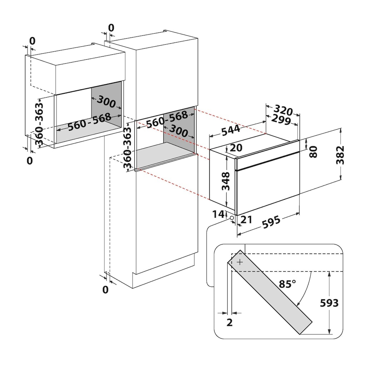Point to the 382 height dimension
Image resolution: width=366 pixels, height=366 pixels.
point(342,155)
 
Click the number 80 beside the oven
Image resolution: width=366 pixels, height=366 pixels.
point(313,152)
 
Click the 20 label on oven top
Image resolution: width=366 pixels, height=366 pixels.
point(236,148)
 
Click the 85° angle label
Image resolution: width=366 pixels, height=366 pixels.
point(287,285)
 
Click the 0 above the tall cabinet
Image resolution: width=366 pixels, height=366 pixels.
point(111,28)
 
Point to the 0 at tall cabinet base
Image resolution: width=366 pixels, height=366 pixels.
point(105,290)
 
